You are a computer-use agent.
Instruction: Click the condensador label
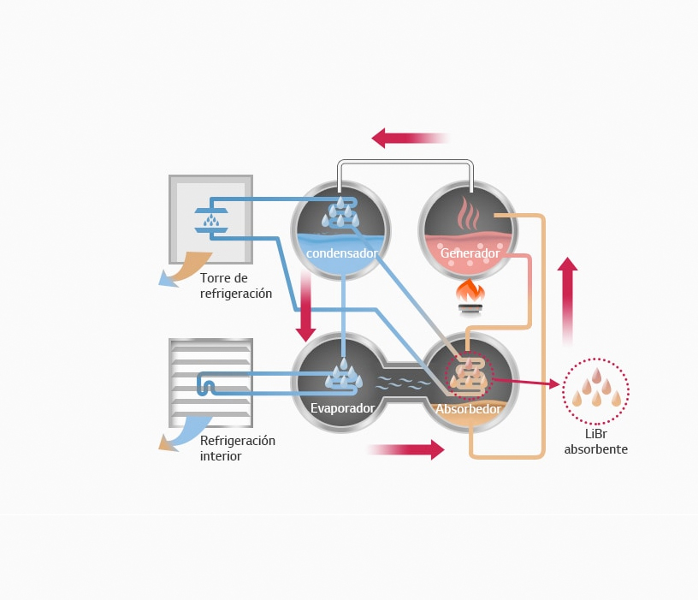(x=341, y=253)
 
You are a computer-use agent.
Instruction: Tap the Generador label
(x=469, y=253)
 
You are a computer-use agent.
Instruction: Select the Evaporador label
(x=342, y=408)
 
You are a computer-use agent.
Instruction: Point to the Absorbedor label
(x=468, y=408)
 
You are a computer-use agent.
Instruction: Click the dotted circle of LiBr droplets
(x=595, y=392)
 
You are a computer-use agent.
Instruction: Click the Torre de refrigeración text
(x=236, y=286)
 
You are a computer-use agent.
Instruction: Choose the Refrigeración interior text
(x=238, y=449)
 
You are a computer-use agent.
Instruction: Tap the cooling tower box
(x=210, y=219)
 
